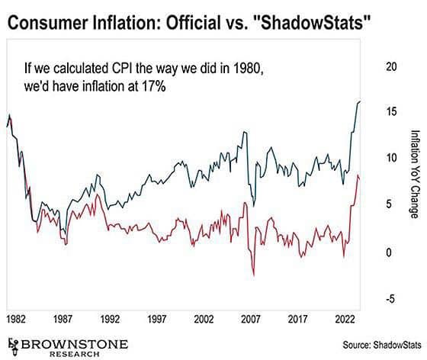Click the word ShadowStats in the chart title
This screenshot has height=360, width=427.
[x=313, y=23]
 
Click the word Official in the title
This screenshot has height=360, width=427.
[x=194, y=23]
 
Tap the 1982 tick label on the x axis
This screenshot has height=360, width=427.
[x=16, y=319]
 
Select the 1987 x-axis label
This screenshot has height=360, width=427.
[x=63, y=319]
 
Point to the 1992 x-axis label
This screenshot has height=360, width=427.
[x=110, y=319]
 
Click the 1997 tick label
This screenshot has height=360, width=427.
[x=157, y=319]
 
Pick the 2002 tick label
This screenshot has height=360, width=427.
[x=204, y=319]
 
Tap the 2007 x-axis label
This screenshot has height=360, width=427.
[x=251, y=319]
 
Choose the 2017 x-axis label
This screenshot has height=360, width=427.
[x=298, y=319]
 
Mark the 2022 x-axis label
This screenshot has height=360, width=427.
[x=345, y=319]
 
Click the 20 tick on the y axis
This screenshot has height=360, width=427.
[x=391, y=66]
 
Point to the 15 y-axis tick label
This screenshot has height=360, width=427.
[x=391, y=111]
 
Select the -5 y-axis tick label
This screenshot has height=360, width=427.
[x=390, y=299]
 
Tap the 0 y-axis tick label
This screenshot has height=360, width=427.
[x=389, y=252]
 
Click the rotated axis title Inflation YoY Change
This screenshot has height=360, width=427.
[x=415, y=174]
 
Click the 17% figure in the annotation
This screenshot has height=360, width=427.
[x=153, y=87]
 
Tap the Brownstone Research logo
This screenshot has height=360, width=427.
[x=68, y=348]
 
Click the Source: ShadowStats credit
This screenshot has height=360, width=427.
[x=382, y=345]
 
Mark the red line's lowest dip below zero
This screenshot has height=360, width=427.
[x=254, y=276]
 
